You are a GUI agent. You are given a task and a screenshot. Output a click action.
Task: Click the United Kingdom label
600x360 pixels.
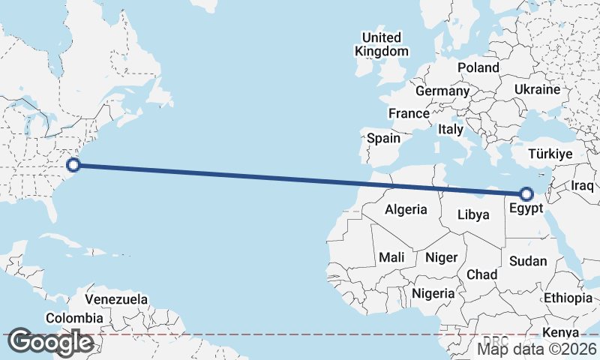point(382,44)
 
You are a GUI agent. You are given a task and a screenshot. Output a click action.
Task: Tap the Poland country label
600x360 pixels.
point(478,67)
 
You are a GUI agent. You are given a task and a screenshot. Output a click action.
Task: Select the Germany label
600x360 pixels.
point(442,91)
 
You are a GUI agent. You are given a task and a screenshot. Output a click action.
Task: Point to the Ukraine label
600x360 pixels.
point(537,90)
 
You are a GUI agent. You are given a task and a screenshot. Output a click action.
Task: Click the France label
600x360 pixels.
point(408,114)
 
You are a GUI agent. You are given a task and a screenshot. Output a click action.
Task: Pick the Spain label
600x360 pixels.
point(383,138)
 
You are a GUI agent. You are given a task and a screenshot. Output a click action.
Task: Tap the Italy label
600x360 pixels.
point(451,129)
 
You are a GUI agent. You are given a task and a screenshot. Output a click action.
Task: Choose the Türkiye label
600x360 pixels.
point(550,154)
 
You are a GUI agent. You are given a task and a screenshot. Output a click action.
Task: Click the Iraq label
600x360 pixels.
point(582,185)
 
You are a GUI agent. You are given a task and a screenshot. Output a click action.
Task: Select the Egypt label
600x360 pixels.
point(525,208)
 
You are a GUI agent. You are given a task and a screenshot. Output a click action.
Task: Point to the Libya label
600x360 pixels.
point(473,214)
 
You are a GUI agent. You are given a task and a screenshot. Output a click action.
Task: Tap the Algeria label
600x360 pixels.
point(406,210)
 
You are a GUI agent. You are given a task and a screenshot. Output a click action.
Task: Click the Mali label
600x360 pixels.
point(391,257)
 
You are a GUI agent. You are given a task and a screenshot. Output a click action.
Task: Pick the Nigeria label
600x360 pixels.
point(433,293)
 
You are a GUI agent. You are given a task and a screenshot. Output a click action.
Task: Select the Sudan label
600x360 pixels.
point(528,261)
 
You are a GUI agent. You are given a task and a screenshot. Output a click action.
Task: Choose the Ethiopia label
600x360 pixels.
point(568,298)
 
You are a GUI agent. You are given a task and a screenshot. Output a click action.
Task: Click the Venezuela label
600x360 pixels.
point(115,299)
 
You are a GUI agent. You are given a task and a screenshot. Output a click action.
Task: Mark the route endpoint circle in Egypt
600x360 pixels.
point(526,193)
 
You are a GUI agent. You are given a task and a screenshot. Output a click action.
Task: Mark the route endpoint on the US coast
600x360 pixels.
point(73,164)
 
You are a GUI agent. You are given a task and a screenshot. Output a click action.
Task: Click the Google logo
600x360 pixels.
point(50,342)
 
